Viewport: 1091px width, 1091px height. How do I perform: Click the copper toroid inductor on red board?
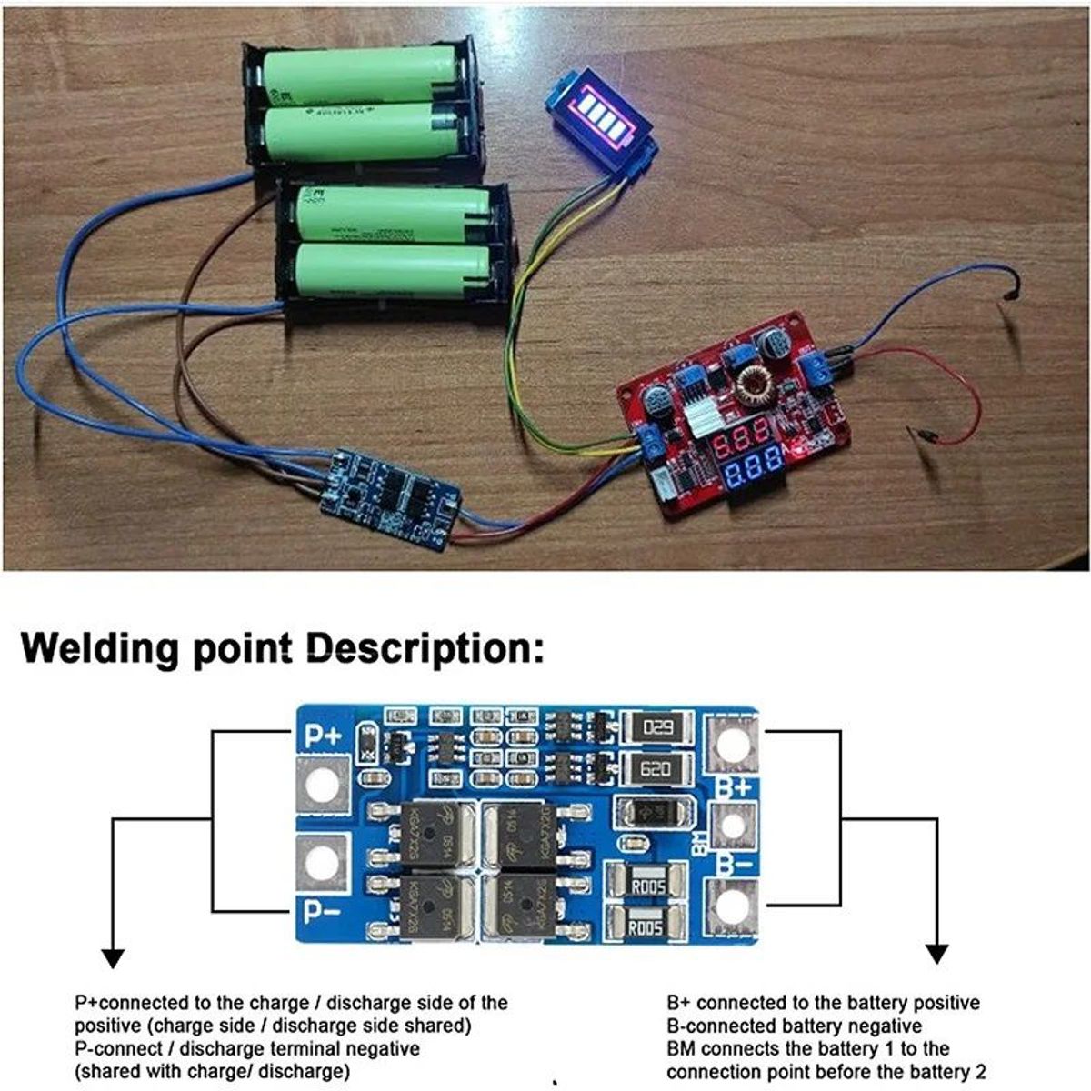(753, 385)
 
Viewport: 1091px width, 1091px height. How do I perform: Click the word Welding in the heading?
(100, 649)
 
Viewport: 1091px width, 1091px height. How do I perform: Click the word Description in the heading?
(423, 651)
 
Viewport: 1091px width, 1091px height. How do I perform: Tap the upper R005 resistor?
(646, 885)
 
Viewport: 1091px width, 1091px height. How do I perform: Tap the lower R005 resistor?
(646, 927)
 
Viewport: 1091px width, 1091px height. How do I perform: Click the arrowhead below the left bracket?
(112, 956)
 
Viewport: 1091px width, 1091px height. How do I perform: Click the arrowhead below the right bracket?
(936, 954)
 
